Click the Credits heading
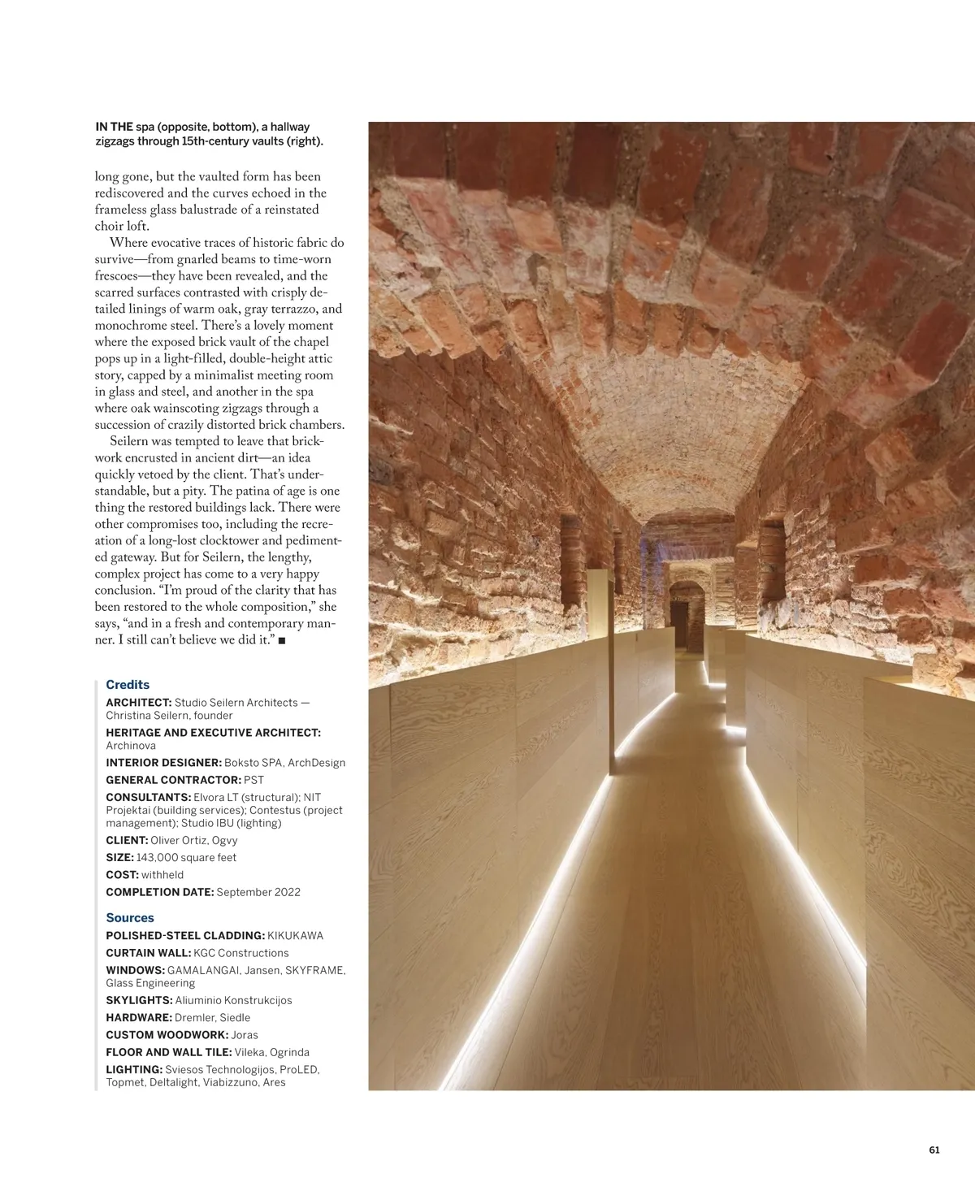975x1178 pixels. (x=128, y=685)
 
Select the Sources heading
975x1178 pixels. (x=130, y=918)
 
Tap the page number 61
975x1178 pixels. (x=934, y=1150)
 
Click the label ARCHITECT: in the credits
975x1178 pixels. (x=139, y=703)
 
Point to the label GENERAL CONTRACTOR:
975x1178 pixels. (x=173, y=780)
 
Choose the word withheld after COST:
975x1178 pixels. (x=162, y=875)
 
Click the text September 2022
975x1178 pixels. (x=258, y=892)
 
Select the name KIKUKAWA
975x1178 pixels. (x=296, y=936)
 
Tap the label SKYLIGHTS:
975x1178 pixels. (x=139, y=1001)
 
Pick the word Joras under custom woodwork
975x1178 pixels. (x=245, y=1035)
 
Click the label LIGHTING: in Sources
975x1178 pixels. (x=134, y=1070)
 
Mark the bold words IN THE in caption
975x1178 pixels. (x=114, y=127)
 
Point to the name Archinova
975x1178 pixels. (x=131, y=746)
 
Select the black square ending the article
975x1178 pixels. (x=282, y=641)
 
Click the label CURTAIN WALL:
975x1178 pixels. (x=148, y=953)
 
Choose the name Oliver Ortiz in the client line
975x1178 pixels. (x=178, y=841)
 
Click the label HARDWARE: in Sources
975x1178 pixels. (x=139, y=1018)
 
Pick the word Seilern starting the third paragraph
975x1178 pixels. (x=131, y=442)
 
